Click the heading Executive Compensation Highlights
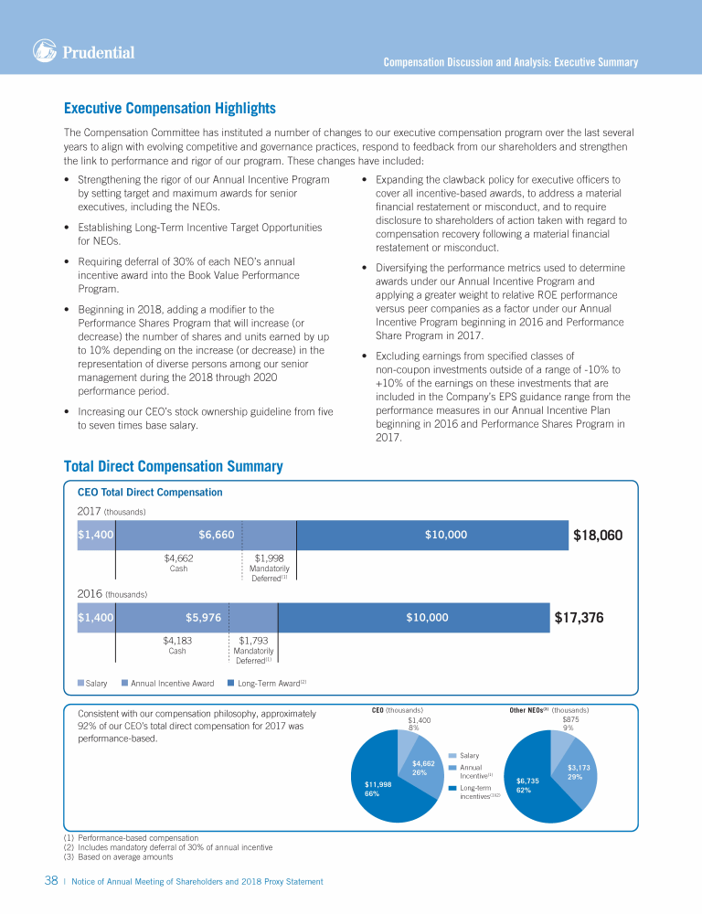(170, 109)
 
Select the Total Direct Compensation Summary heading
(173, 467)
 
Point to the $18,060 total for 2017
(597, 535)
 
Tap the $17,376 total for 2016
(579, 617)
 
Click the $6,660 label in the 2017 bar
(217, 535)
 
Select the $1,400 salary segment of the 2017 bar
(95, 535)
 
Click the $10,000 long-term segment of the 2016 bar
(427, 617)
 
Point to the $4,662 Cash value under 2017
(178, 557)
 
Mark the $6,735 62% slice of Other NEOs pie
(528, 785)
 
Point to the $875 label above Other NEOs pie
(570, 719)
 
